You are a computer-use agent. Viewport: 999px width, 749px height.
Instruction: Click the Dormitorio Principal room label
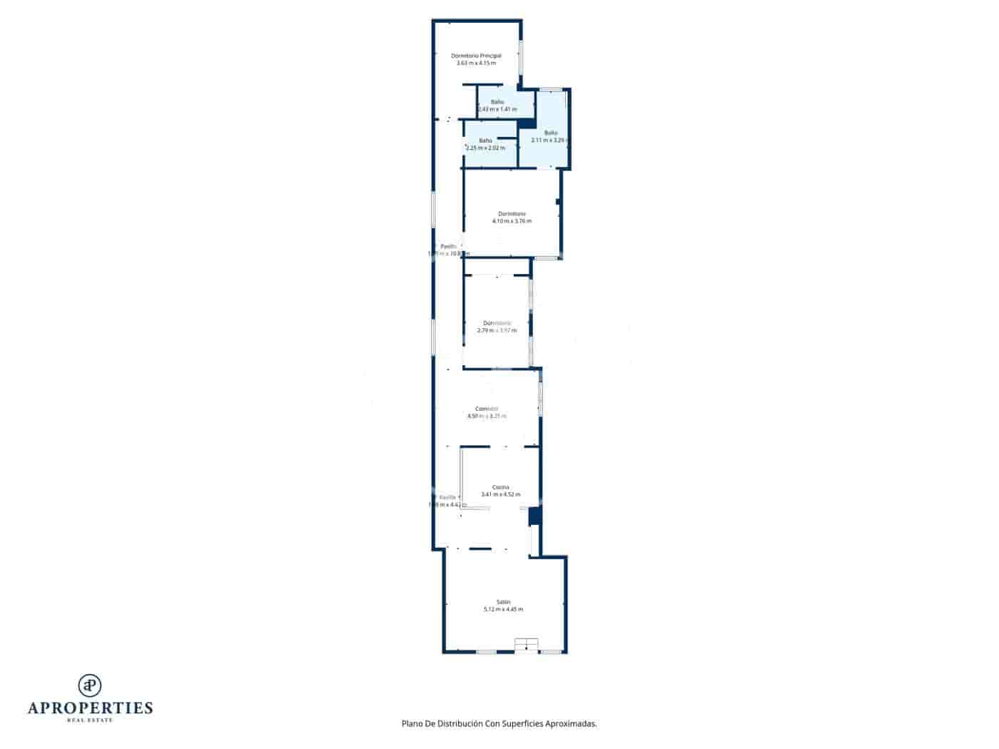pyautogui.click(x=476, y=56)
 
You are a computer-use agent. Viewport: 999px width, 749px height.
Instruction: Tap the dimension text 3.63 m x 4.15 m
pyautogui.click(x=476, y=63)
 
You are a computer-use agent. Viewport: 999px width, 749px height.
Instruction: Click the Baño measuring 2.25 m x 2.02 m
pyautogui.click(x=485, y=141)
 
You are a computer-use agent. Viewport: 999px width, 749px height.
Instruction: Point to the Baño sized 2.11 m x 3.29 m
pyautogui.click(x=551, y=133)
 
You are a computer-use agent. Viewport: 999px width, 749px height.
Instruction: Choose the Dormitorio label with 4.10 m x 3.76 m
pyautogui.click(x=512, y=214)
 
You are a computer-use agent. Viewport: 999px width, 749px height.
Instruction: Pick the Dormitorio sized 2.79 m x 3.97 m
pyautogui.click(x=497, y=323)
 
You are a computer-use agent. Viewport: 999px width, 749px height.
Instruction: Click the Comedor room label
pyautogui.click(x=487, y=409)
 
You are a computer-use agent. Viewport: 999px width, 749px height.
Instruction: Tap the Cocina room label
pyautogui.click(x=500, y=487)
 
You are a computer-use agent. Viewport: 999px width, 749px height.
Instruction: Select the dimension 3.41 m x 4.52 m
pyautogui.click(x=500, y=494)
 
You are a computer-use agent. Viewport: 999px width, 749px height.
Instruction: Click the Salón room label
pyautogui.click(x=504, y=602)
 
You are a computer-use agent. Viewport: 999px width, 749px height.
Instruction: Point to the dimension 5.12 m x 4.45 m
pyautogui.click(x=503, y=609)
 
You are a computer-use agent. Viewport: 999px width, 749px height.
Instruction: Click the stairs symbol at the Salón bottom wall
pyautogui.click(x=526, y=645)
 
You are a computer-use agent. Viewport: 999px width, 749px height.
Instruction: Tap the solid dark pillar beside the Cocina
pyautogui.click(x=534, y=516)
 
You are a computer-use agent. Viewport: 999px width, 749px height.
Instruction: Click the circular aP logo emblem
pyautogui.click(x=90, y=685)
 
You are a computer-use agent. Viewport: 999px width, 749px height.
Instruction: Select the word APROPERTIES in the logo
pyautogui.click(x=90, y=708)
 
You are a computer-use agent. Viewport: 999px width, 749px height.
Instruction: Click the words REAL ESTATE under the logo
pyautogui.click(x=90, y=720)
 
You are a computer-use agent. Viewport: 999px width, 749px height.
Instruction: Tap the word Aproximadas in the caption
pyautogui.click(x=570, y=723)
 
